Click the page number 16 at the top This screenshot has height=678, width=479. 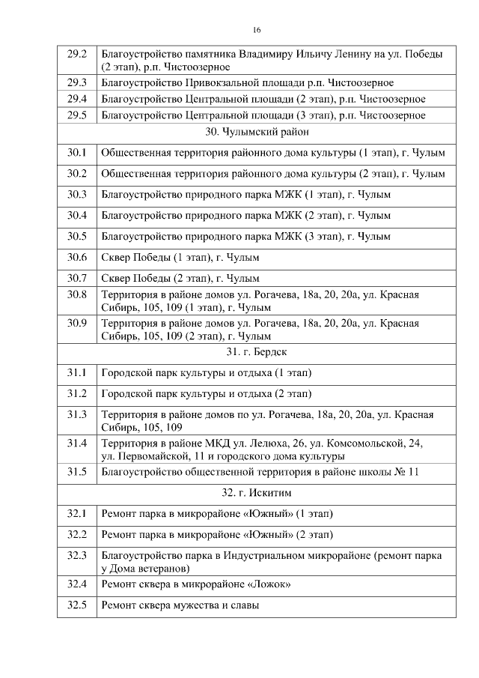(257, 30)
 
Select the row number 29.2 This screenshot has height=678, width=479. (77, 55)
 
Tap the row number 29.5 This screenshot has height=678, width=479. (77, 115)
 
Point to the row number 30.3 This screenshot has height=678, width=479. (77, 195)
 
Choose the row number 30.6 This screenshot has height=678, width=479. (77, 257)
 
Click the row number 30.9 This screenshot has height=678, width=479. (77, 324)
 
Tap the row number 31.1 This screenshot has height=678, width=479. (77, 372)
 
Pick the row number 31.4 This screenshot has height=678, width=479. (77, 444)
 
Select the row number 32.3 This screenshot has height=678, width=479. (77, 556)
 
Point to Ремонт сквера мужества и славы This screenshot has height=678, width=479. (180, 605)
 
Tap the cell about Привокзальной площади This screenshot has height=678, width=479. (247, 82)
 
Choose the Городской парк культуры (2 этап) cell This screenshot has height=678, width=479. (206, 393)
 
